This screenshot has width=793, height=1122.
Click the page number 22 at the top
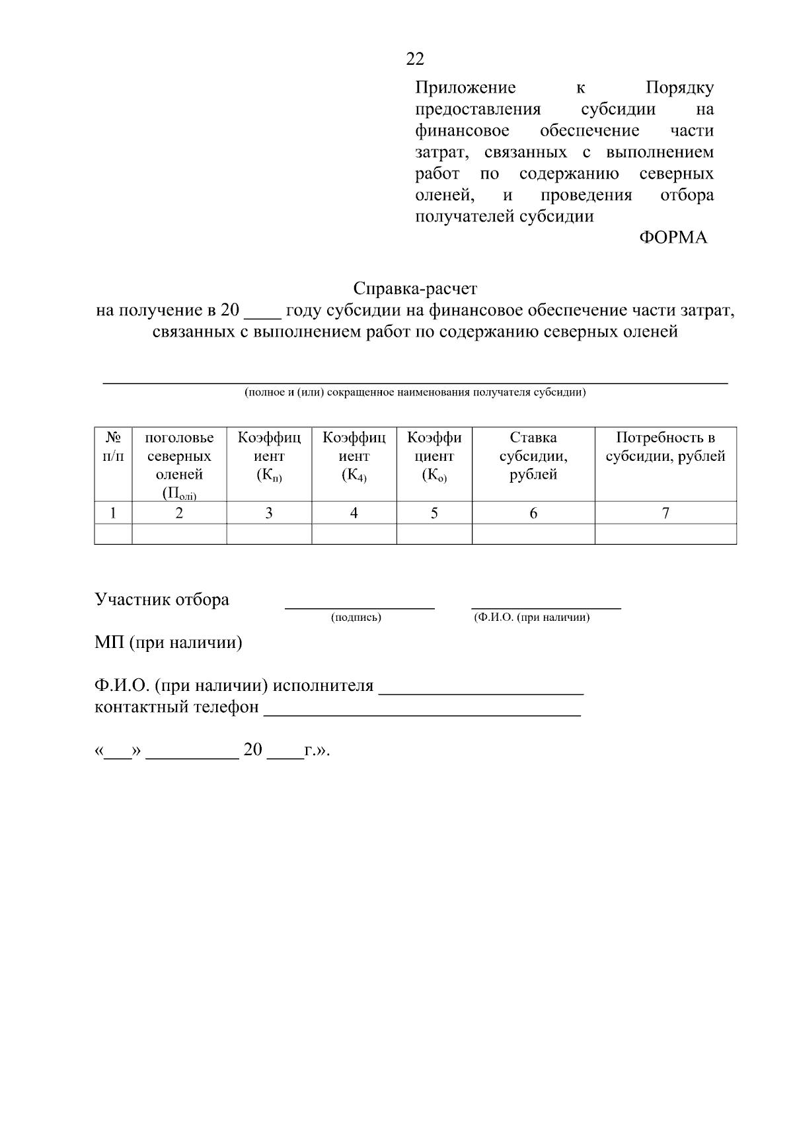click(x=415, y=60)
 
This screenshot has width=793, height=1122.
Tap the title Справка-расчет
click(x=415, y=289)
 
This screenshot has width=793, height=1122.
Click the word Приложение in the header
click(x=465, y=88)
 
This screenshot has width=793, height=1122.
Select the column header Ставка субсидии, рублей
click(x=533, y=456)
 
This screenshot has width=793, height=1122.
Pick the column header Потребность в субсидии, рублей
click(x=665, y=447)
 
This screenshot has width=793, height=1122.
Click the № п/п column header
click(x=113, y=447)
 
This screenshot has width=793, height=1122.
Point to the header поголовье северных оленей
click(x=179, y=456)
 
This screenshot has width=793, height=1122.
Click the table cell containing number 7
click(x=665, y=513)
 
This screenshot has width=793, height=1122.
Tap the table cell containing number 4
click(x=354, y=513)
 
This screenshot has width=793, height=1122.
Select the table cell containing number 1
click(x=113, y=513)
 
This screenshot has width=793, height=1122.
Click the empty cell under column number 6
click(x=533, y=534)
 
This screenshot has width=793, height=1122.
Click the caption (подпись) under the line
click(x=356, y=618)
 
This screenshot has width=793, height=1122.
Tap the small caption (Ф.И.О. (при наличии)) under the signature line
click(x=531, y=618)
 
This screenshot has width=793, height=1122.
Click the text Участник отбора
click(x=162, y=600)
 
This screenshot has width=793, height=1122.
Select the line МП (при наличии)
click(x=169, y=643)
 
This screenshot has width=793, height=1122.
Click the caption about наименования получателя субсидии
click(x=415, y=392)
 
